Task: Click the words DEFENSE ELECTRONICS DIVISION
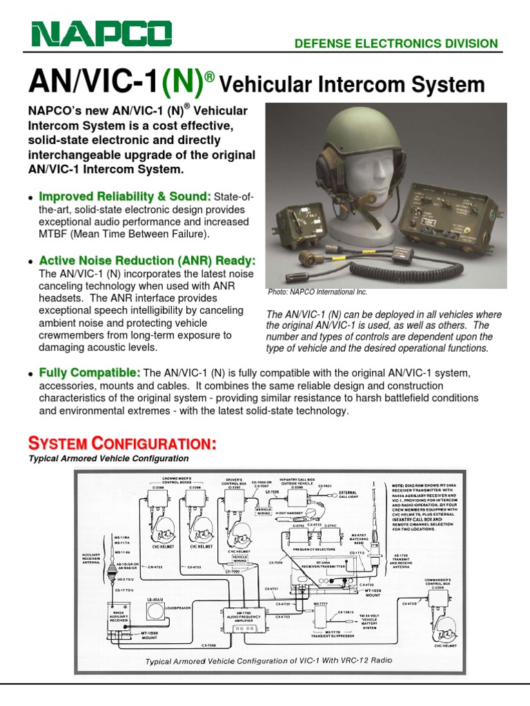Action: (395, 43)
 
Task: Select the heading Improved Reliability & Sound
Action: (125, 197)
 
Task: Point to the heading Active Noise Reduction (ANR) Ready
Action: (147, 261)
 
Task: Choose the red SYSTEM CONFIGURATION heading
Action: (121, 442)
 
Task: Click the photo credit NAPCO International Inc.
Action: (318, 292)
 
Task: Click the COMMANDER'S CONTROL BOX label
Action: (438, 583)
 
